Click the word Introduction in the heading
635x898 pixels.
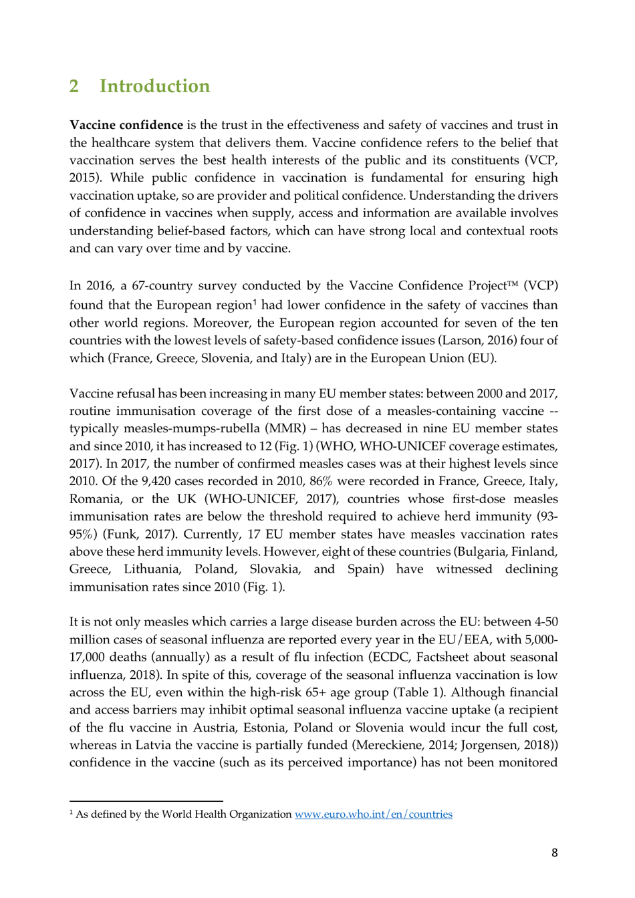click(154, 86)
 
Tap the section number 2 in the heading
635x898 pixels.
click(74, 86)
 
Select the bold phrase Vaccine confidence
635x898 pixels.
click(126, 125)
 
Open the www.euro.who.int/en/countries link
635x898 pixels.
click(373, 814)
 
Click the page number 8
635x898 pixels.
click(554, 853)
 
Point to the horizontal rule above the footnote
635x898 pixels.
click(146, 801)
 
